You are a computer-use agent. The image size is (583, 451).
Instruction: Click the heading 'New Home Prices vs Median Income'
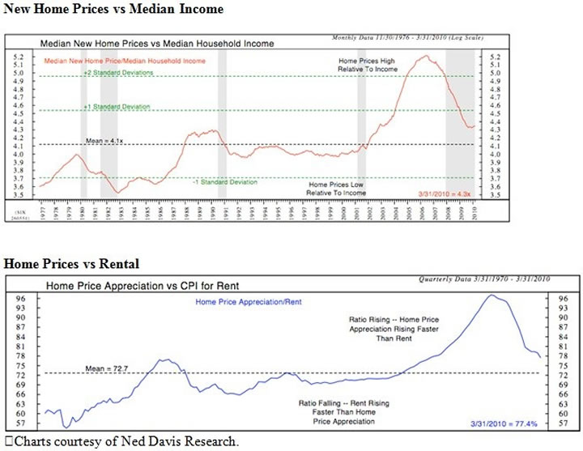(113, 9)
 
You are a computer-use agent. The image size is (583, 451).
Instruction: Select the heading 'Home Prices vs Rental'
(72, 264)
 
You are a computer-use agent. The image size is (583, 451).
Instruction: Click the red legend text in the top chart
(124, 60)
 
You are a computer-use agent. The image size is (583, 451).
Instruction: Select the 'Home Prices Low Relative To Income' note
(336, 189)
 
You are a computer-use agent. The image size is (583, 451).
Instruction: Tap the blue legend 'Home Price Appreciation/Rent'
(249, 302)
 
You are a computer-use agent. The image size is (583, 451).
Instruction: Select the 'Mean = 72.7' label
(109, 368)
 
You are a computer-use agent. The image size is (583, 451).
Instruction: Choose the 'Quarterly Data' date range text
(484, 279)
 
